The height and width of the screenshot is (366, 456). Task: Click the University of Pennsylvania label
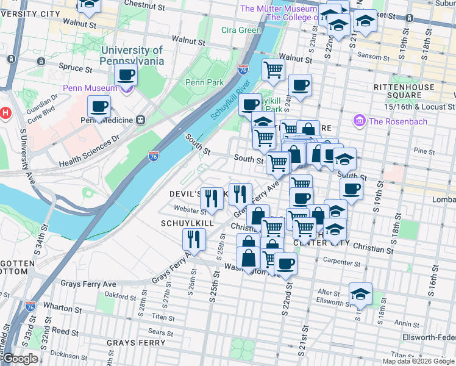[132, 56]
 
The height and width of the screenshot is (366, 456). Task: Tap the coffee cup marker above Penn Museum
[126, 75]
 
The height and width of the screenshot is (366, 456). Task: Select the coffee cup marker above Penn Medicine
[99, 107]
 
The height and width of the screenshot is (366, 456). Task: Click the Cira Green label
[241, 30]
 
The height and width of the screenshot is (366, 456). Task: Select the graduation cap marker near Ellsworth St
[360, 294]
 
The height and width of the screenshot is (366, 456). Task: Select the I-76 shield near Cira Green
[243, 70]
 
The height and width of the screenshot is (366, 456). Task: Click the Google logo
[20, 359]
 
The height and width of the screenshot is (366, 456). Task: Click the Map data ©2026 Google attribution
[418, 361]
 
